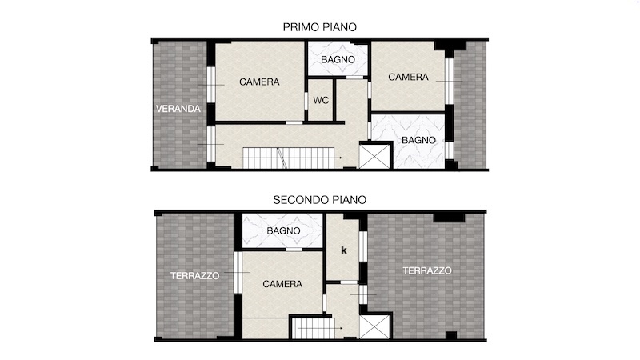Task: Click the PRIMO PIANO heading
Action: point(319,27)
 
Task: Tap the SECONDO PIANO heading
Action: point(319,200)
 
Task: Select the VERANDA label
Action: point(178,109)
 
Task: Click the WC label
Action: point(321,101)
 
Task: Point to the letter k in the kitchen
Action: point(344,250)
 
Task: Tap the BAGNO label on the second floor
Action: point(284,231)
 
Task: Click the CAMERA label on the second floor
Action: point(282,284)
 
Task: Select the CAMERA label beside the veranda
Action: point(259,82)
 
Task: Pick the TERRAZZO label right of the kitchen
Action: point(427,270)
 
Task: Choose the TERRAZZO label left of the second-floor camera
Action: point(194,276)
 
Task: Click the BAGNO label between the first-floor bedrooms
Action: point(338,59)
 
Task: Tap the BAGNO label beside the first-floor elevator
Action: point(418,141)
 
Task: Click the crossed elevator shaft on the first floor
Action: point(374,156)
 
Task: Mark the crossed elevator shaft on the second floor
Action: point(374,326)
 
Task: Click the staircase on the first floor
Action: point(289,158)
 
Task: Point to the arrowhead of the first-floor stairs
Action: point(341,158)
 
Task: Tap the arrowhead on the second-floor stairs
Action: point(342,328)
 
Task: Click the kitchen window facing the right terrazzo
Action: point(362,246)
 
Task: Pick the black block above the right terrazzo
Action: point(449,218)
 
